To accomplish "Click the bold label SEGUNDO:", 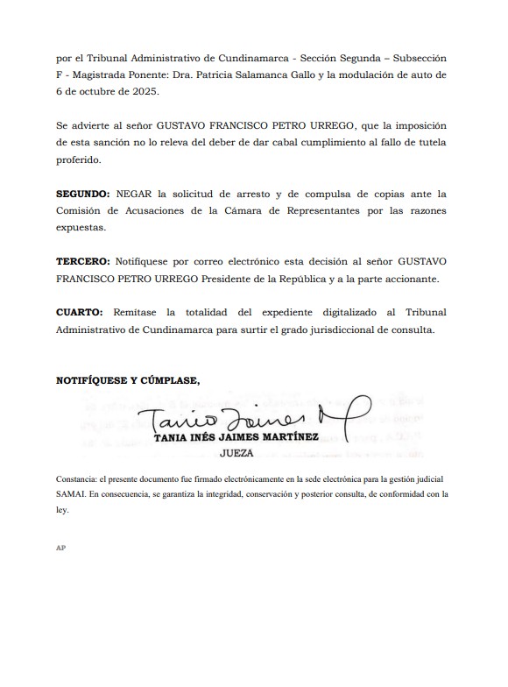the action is tap(83, 194).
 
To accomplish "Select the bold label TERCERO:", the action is tap(82, 262).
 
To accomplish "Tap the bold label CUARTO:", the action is tap(80, 313).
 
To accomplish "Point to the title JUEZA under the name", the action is tap(236, 454).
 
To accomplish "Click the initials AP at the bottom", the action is tap(60, 547).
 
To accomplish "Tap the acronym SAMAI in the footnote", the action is tap(70, 494).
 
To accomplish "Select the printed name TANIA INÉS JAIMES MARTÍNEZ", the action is tap(236, 437).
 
